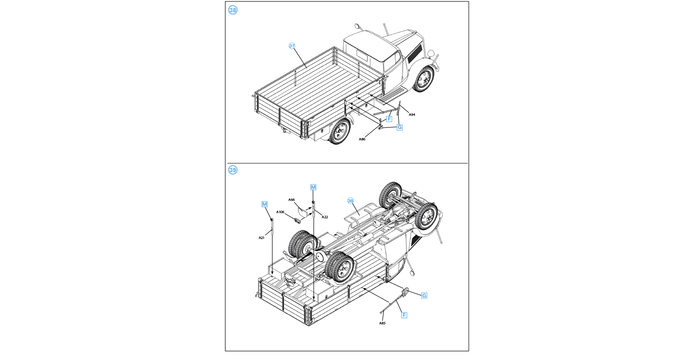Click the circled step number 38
coord(233,10)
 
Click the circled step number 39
coord(233,170)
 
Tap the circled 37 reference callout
coord(292,46)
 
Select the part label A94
coord(412,115)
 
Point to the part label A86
coord(362,139)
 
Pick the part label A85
coord(382,323)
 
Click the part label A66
coord(291,200)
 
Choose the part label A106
coord(280,212)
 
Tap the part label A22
coord(325,217)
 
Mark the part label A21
coord(262,238)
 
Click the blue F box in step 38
coord(389,119)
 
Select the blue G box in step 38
coord(400,127)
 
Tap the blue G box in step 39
coord(424,295)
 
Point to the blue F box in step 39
coord(404,315)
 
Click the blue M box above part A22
coord(313,187)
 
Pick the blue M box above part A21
coord(265,204)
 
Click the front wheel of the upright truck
coord(424,79)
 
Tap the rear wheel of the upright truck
coord(340,132)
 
